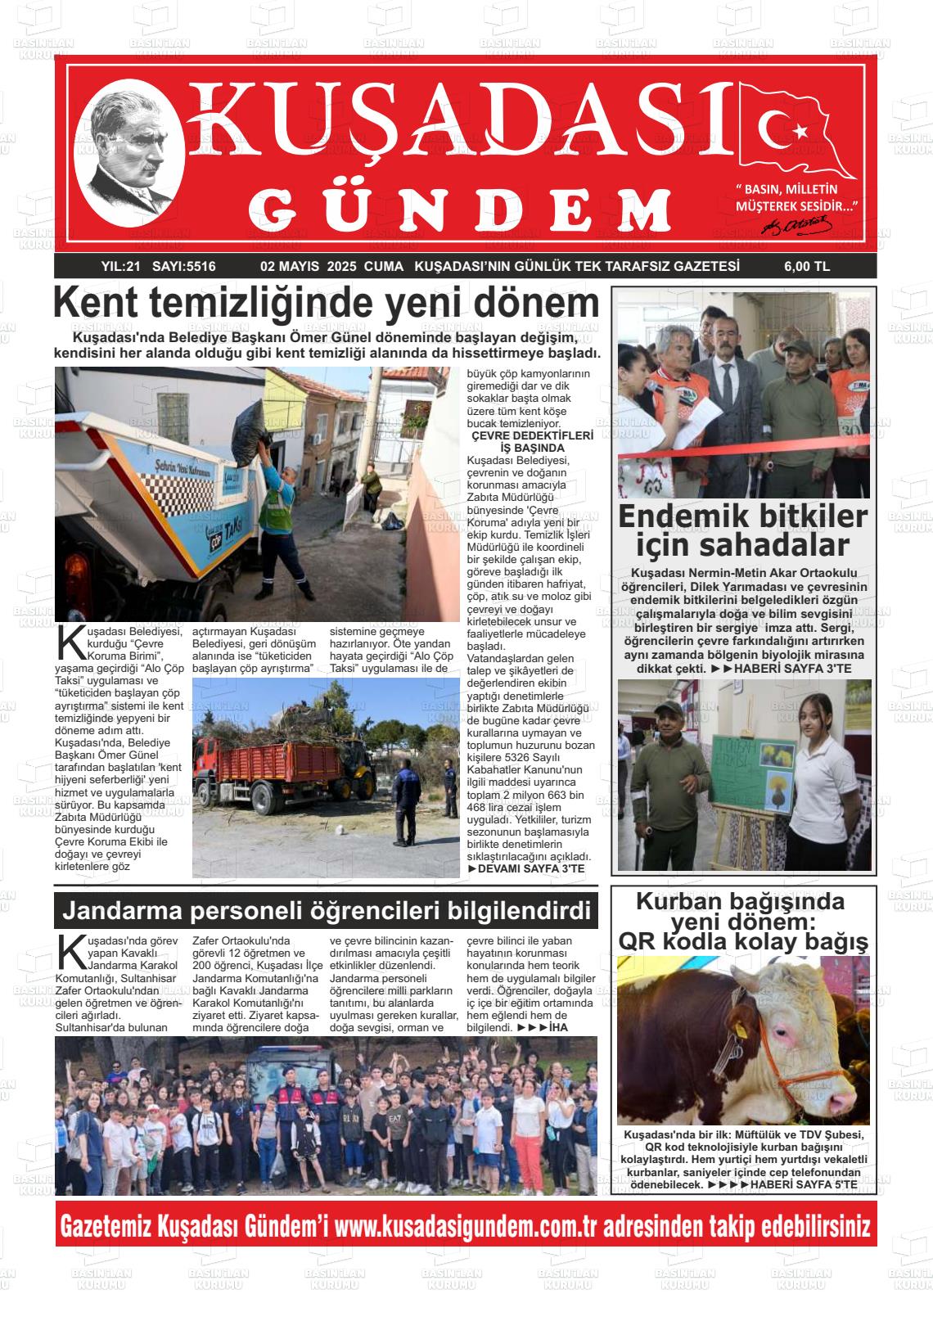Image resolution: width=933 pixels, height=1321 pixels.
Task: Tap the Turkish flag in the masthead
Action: coord(796,131)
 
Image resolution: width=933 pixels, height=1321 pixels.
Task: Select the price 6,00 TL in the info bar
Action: coord(806,266)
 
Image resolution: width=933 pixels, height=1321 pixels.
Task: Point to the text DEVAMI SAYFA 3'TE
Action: coord(530,868)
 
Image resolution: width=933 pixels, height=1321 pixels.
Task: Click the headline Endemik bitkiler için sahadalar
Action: coord(742,530)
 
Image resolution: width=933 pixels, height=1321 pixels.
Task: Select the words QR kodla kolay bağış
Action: coord(742,942)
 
